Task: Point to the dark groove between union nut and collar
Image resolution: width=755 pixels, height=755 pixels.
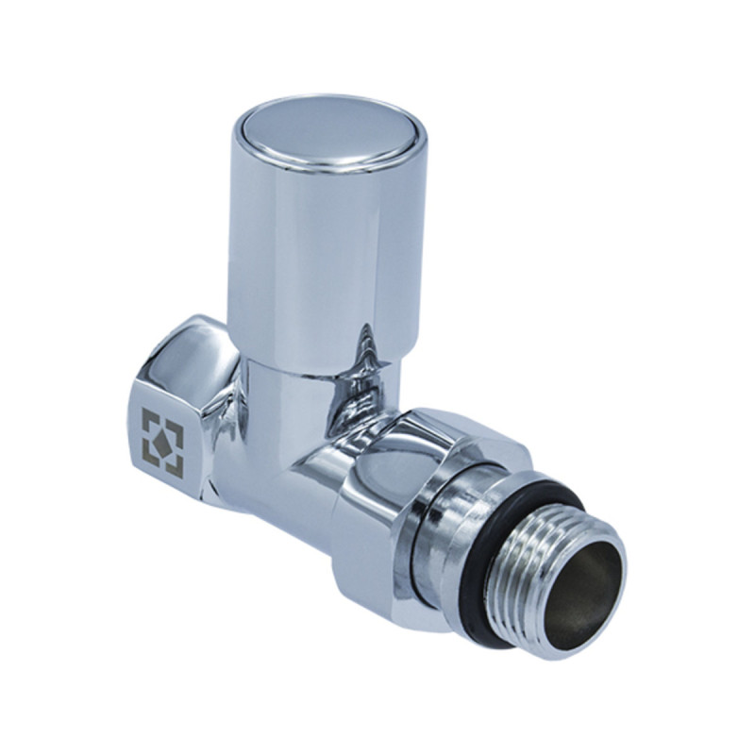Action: [x=426, y=528]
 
